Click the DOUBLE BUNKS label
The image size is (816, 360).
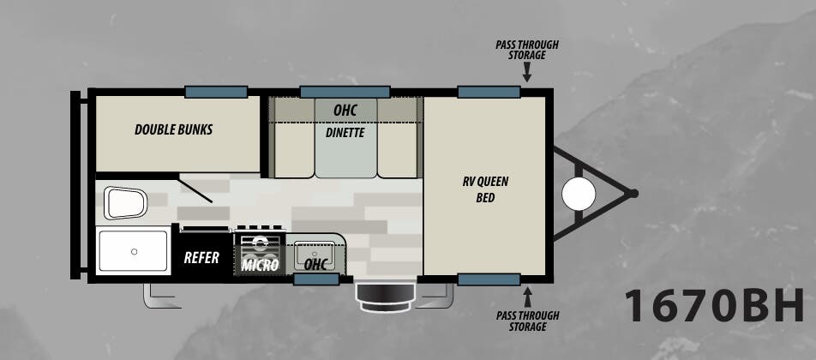pos(173,129)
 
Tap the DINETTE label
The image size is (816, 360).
pos(345,133)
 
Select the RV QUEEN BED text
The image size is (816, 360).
pos(485,190)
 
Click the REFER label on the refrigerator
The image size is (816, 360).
pos(201,257)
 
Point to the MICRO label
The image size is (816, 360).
pos(261,266)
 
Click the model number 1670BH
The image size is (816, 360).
pos(715,306)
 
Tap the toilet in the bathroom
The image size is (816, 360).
pos(125,203)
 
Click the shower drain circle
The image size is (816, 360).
pos(134,252)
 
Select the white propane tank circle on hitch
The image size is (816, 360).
pos(579,194)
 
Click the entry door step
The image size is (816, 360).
pos(385,297)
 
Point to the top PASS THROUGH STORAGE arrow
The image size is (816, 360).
pos(526,72)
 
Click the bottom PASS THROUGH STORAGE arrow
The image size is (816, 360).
pos(528,297)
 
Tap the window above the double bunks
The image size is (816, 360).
pos(216,92)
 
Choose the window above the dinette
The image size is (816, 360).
pos(345,92)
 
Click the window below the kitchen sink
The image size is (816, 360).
pos(316,279)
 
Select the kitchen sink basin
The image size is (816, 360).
pos(315,255)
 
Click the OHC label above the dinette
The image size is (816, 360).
pos(345,111)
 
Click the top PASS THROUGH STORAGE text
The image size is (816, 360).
pos(526,50)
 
